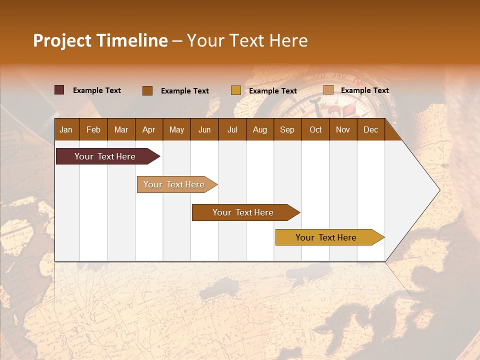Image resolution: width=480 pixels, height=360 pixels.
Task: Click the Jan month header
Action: [66, 130]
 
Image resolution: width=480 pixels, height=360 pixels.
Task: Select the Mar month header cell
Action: [121, 130]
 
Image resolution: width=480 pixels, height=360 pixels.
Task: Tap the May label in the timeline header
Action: [176, 130]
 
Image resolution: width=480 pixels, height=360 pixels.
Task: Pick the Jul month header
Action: [232, 130]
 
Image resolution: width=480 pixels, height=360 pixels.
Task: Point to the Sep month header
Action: [287, 130]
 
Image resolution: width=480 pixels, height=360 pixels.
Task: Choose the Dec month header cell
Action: [370, 130]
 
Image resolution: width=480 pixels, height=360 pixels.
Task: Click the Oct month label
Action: [315, 130]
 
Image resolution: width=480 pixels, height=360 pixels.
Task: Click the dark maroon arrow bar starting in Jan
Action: [105, 156]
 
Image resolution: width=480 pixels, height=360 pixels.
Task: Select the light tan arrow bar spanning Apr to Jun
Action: [174, 184]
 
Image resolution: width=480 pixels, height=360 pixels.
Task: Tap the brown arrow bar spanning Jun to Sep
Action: [243, 212]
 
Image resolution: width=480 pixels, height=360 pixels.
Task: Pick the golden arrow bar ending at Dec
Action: [326, 237]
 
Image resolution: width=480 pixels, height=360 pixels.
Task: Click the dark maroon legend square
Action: [59, 90]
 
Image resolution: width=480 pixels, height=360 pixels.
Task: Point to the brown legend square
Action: [147, 90]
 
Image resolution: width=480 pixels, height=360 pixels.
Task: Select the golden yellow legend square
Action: [235, 90]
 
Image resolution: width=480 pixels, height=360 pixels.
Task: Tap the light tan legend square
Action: [328, 90]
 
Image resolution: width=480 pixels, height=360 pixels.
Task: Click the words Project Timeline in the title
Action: [100, 40]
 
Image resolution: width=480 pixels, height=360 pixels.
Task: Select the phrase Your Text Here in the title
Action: [247, 40]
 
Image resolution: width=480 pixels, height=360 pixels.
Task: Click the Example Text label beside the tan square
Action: [364, 90]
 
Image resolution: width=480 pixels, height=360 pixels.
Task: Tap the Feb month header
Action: [93, 130]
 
